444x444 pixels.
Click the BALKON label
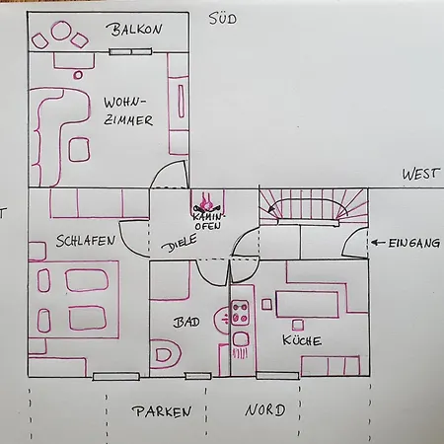click(x=134, y=30)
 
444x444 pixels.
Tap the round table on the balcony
click(x=61, y=31)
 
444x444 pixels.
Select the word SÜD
click(x=223, y=19)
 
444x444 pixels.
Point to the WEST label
click(x=420, y=174)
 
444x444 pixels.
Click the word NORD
click(x=265, y=409)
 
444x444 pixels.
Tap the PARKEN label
click(x=162, y=411)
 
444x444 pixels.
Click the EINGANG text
click(x=414, y=243)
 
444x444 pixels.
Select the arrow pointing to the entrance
click(x=378, y=243)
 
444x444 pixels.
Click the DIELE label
click(x=180, y=243)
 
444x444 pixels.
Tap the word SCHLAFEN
click(x=86, y=241)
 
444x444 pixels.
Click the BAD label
click(x=186, y=322)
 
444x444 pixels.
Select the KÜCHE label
click(x=302, y=340)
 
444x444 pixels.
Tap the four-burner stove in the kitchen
click(x=240, y=313)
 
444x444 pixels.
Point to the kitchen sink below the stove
click(x=241, y=339)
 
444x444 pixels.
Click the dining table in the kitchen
click(x=307, y=304)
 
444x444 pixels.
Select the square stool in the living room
click(x=79, y=150)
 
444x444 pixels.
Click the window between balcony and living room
click(x=130, y=51)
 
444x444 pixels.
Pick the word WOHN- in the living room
click(x=124, y=103)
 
